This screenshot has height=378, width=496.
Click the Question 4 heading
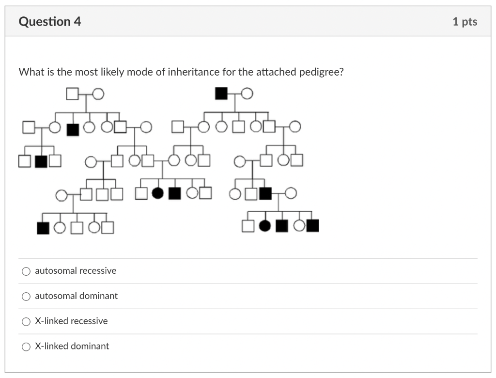pyautogui.click(x=49, y=22)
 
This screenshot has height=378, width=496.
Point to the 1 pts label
pyautogui.click(x=465, y=22)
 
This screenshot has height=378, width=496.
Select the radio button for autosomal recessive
pyautogui.click(x=26, y=271)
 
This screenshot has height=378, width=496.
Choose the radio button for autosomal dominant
pyautogui.click(x=26, y=296)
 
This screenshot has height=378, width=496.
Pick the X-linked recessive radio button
pyautogui.click(x=26, y=321)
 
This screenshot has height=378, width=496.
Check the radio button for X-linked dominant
pyautogui.click(x=26, y=346)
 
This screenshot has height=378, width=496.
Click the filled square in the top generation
pyautogui.click(x=221, y=93)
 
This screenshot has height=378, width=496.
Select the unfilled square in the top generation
pyautogui.click(x=72, y=93)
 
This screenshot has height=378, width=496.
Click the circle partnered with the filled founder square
pyautogui.click(x=247, y=93)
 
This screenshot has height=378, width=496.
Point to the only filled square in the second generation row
pyautogui.click(x=73, y=129)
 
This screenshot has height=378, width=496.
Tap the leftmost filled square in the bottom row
pyautogui.click(x=43, y=227)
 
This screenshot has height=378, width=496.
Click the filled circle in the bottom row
pyautogui.click(x=265, y=226)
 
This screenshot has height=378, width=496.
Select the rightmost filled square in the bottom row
pyautogui.click(x=312, y=226)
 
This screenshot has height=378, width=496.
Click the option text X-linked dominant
pyautogui.click(x=72, y=346)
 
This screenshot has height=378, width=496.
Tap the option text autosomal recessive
pyautogui.click(x=76, y=271)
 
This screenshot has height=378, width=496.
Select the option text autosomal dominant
pyautogui.click(x=76, y=296)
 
